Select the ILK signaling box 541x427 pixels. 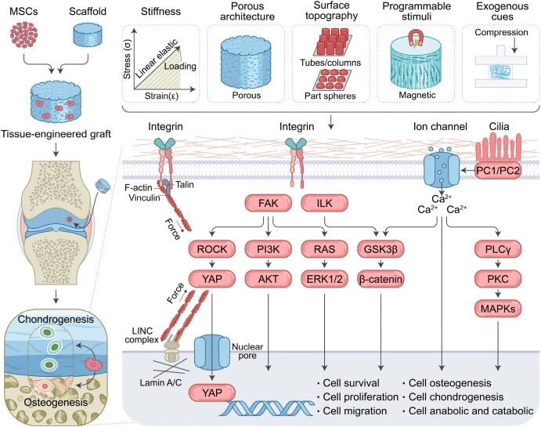click(x=319, y=205)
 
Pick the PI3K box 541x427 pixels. click(x=266, y=251)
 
